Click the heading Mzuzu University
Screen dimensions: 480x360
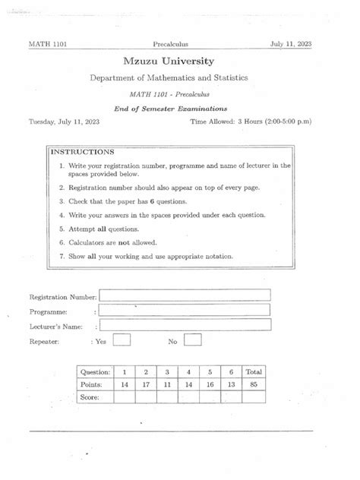point(179,61)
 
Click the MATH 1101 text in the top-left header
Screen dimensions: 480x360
point(47,44)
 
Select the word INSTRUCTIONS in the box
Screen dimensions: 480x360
point(82,152)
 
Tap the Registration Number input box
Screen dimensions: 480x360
point(185,295)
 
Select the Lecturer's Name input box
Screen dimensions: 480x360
point(185,325)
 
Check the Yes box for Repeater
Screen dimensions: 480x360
point(122,341)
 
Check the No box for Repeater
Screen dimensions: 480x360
point(193,341)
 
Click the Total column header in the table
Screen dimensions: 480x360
point(254,372)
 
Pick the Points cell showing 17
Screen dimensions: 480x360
point(146,385)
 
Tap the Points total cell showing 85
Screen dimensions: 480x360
point(254,385)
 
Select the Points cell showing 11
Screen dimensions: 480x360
point(167,385)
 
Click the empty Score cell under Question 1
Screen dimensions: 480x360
point(125,397)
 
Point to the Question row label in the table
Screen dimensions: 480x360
point(96,372)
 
